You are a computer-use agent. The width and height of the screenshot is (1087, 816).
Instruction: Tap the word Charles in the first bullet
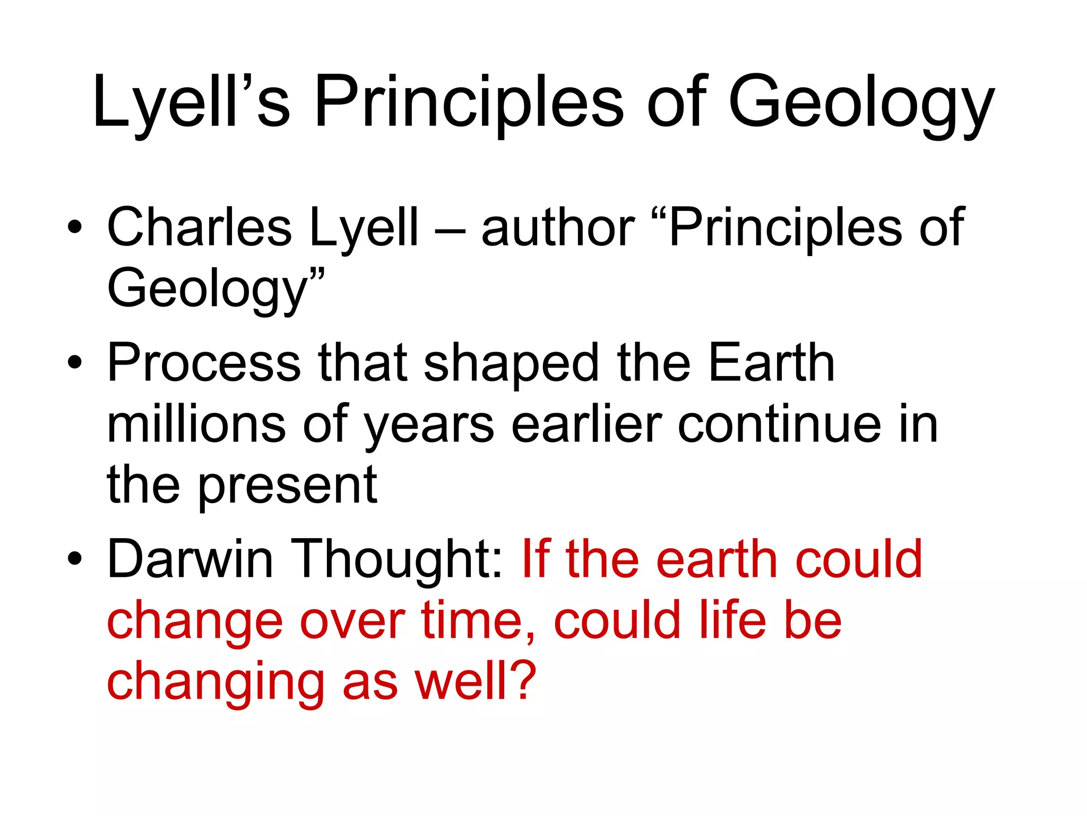199,227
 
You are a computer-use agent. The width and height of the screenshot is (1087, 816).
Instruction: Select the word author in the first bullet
557,227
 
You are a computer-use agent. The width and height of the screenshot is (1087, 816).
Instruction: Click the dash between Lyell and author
450,231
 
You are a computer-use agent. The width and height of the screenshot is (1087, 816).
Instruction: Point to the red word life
732,620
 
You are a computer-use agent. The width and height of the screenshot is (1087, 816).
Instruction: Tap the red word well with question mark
475,681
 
